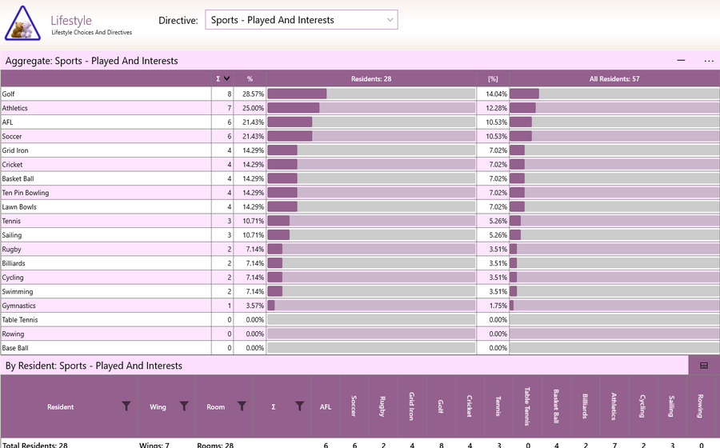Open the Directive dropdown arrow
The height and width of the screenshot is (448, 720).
click(390, 20)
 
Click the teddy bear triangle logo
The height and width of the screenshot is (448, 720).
click(22, 23)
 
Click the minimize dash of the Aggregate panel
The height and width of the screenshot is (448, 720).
click(681, 60)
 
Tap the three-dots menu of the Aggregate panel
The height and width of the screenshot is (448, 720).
click(709, 61)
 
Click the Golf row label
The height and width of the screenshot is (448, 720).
click(8, 94)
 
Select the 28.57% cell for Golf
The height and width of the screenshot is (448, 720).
click(253, 94)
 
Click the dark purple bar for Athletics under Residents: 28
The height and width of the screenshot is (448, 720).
click(294, 108)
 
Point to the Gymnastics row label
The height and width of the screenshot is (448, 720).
click(19, 306)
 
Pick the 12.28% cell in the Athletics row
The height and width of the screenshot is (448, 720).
click(496, 108)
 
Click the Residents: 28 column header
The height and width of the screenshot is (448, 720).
click(371, 79)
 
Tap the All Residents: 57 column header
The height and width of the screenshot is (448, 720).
click(614, 79)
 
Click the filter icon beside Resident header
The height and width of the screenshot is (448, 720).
click(126, 406)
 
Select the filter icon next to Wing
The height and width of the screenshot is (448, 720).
click(184, 406)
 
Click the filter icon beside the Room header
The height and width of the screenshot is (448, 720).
click(242, 406)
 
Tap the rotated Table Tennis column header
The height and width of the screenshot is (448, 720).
click(527, 406)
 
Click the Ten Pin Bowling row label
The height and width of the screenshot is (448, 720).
click(26, 193)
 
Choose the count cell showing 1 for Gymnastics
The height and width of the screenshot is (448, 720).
click(230, 306)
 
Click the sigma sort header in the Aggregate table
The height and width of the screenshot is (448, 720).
click(222, 79)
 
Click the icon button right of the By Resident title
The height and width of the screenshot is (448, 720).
click(704, 366)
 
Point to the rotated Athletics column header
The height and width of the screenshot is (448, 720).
click(614, 406)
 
